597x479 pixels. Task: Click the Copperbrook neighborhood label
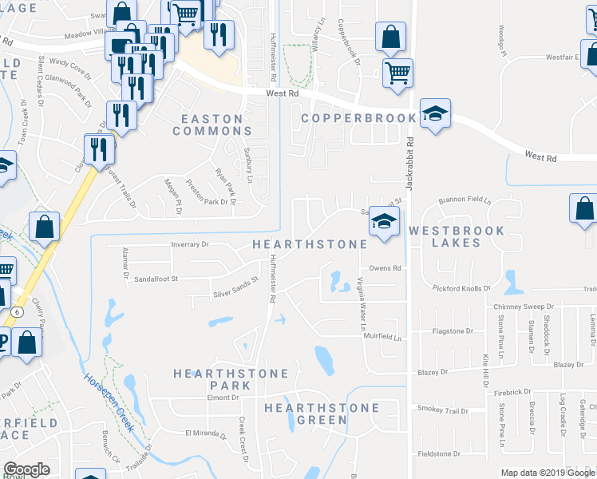pos(358,119)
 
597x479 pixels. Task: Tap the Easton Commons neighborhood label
pos(212,125)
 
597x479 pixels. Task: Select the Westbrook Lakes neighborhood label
pos(456,236)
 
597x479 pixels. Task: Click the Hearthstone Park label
pos(212,379)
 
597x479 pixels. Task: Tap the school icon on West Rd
pos(436,114)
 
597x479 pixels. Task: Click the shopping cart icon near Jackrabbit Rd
pos(397,73)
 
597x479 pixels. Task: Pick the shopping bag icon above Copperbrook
pos(390,38)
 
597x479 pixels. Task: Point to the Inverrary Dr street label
pos(188,244)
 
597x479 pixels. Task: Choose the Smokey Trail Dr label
pos(442,410)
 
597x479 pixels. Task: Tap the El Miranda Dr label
pos(206,433)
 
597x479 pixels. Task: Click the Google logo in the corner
pos(27,469)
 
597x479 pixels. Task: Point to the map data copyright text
pos(547,473)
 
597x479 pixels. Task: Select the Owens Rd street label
pos(384,268)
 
